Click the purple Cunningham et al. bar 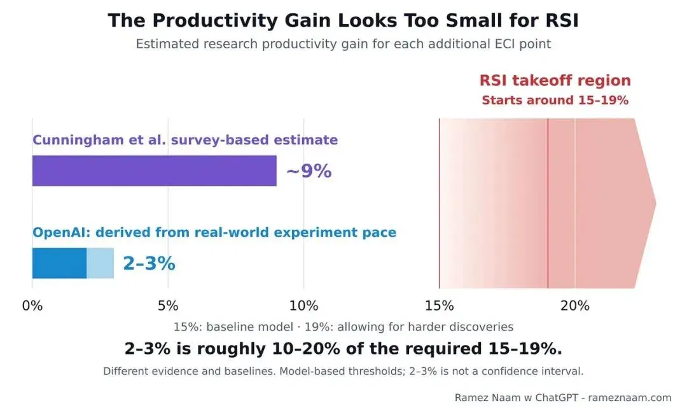point(154,171)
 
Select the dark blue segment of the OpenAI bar point(60,263)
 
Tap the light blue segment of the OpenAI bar point(101,263)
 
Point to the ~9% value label point(309,171)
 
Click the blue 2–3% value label point(149,264)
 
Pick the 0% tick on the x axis point(32,306)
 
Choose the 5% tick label point(168,306)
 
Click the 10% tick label point(303,306)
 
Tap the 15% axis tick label point(440,306)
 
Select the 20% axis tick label point(575,306)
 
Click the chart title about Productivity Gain point(343,20)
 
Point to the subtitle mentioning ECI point point(343,45)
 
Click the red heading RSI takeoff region point(555,80)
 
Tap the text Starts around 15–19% point(555,101)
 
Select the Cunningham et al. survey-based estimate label point(185,140)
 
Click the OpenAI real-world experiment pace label point(214,232)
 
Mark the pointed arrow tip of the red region point(656,203)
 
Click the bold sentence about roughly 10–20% point(343,349)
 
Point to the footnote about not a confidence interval point(343,371)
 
